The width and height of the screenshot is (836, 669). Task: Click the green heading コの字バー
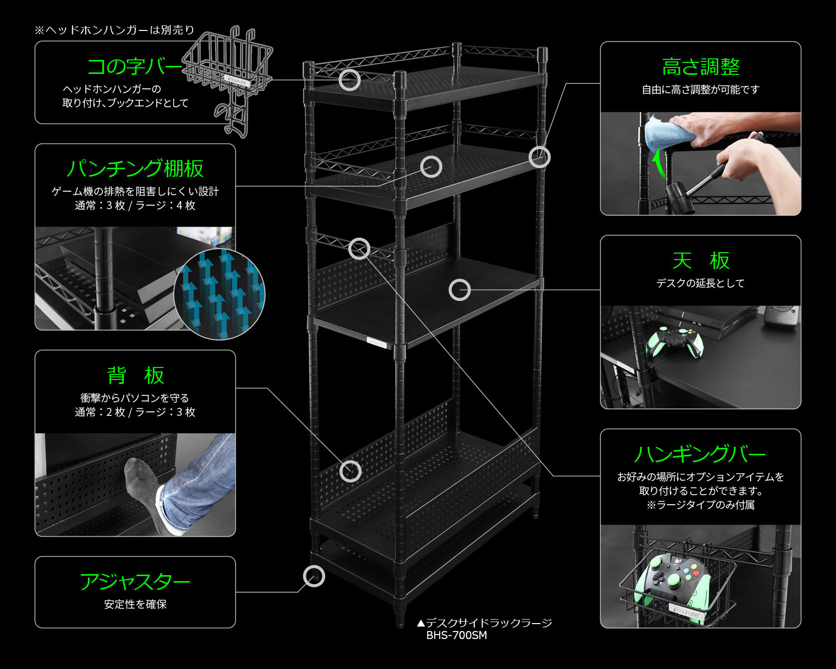pos(134,66)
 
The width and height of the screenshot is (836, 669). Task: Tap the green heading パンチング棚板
pos(135,169)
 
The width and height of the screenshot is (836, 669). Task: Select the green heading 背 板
pos(135,375)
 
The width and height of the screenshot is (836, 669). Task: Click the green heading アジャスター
pos(135,582)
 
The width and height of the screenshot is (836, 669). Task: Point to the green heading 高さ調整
pos(700,67)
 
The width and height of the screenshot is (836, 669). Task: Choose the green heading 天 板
pos(700,261)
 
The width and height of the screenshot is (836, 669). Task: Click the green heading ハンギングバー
pos(700,454)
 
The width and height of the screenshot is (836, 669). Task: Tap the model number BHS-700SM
pos(456,636)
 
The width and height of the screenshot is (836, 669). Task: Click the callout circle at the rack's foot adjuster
pos(314,577)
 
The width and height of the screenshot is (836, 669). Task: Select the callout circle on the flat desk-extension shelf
pos(459,290)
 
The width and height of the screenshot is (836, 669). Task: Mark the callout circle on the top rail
pos(349,80)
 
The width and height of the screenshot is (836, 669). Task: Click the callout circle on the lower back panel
pos(350,471)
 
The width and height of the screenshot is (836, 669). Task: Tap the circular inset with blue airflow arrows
pos(219,295)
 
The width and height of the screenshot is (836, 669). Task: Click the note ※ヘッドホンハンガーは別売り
pos(114,30)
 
